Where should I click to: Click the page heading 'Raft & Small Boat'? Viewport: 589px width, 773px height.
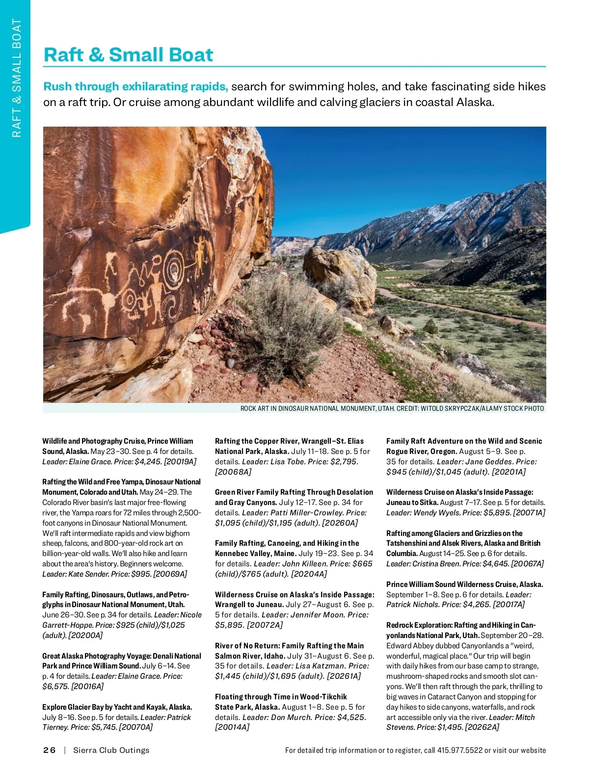click(128, 55)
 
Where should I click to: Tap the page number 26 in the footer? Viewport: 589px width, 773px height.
click(49, 750)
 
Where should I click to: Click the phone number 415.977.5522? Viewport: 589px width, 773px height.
click(459, 750)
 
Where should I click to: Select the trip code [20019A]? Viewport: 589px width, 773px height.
click(180, 461)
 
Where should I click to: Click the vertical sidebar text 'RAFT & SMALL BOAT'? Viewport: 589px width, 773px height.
click(17, 79)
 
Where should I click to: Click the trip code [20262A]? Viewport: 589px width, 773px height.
click(482, 727)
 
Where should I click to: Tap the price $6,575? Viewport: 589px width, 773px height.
click(55, 686)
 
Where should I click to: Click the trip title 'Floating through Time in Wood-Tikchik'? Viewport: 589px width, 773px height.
click(281, 696)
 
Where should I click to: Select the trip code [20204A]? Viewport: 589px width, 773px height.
click(309, 574)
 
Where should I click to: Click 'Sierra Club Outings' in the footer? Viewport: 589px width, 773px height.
click(111, 750)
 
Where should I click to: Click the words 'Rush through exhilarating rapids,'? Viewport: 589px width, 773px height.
click(136, 87)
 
